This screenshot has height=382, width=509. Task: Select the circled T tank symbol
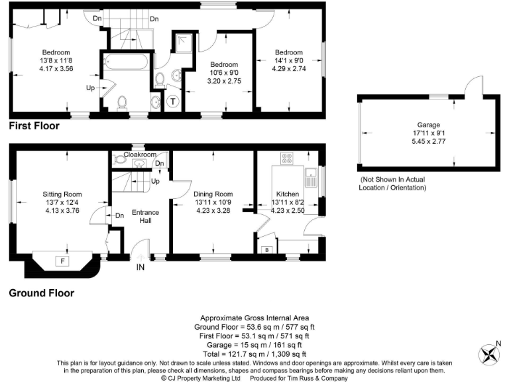[x=174, y=101]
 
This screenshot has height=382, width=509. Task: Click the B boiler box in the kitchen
[x=267, y=250]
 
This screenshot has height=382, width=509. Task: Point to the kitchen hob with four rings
[x=288, y=159]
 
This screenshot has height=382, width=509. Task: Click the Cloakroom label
[x=140, y=155]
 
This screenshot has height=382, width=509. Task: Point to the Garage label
[x=428, y=125]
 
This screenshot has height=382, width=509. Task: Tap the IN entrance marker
[x=140, y=267]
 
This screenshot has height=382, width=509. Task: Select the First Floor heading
[x=34, y=125]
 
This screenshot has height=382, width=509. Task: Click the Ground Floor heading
[x=41, y=292]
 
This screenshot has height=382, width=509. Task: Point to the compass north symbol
[x=492, y=352]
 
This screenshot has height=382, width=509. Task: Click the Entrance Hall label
[x=146, y=217]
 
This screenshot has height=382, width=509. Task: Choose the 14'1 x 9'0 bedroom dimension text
[x=289, y=61]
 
